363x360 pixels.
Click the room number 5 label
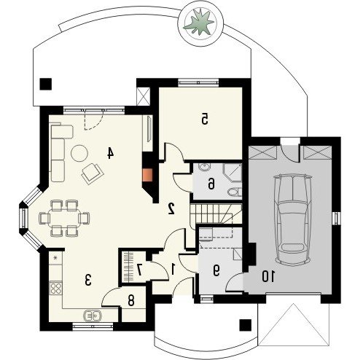coord(205,119)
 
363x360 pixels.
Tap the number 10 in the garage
coord(268,277)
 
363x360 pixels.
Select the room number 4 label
coord(110,153)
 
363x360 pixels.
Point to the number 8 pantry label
coord(131,301)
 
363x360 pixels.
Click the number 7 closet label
coord(139,270)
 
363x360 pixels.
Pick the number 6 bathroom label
coord(211,184)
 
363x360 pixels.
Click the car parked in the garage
coord(292,219)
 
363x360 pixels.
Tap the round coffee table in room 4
coord(79,153)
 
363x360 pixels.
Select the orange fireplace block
coord(147,175)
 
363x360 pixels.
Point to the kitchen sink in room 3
coord(93,316)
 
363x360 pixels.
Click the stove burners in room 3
coord(56,288)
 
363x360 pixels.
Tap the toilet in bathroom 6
coord(235,192)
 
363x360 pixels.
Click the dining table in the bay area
coord(64,218)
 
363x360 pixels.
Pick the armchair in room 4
coord(93,173)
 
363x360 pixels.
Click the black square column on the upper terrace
coord(46,85)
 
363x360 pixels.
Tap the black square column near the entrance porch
coord(245,325)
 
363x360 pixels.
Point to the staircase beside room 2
coord(216,214)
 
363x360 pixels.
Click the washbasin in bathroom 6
coord(203,167)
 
